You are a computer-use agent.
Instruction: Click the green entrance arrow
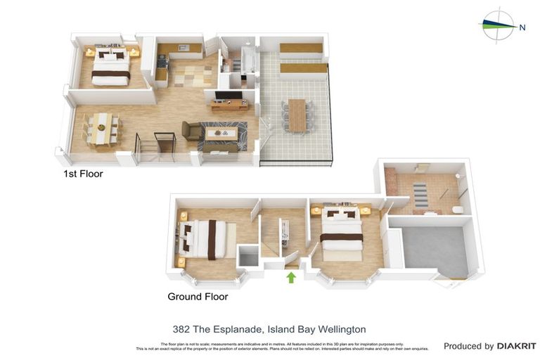[x=291, y=277]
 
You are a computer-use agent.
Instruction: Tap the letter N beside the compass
[x=522, y=27]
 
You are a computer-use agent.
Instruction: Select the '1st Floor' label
[x=83, y=174]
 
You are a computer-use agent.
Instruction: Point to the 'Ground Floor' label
[x=198, y=297]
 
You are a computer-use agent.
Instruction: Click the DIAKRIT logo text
[x=517, y=346]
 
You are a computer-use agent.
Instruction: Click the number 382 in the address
[x=181, y=329]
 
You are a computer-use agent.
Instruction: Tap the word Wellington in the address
[x=342, y=329]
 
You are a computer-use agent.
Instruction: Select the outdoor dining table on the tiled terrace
[x=298, y=115]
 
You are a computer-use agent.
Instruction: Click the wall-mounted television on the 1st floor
[x=228, y=96]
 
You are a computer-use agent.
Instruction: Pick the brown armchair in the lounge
[x=191, y=131]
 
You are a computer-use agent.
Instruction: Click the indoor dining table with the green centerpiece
[x=102, y=128]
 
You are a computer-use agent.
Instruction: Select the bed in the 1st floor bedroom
[x=110, y=67]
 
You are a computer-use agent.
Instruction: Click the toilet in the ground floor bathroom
[x=458, y=209]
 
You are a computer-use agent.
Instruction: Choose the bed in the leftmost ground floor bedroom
[x=205, y=239]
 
